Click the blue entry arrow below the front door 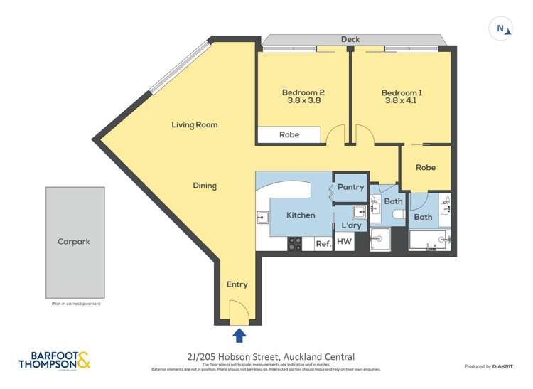coord(239,335)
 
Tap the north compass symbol coord(502,29)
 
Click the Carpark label coord(75,241)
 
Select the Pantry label coord(350,187)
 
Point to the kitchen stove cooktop coord(294,243)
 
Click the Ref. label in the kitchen coord(323,243)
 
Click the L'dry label coord(351,225)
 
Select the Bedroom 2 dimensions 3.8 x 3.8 coord(303,101)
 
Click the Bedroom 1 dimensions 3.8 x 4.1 coord(402,101)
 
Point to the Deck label coord(350,39)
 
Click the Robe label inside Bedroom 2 coord(289,134)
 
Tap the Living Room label coord(194,124)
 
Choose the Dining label coord(205,186)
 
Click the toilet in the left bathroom coord(398,214)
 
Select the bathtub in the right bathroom coord(428,240)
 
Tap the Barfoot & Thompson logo coord(55,361)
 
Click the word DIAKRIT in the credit coord(508,366)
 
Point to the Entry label coord(237,284)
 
